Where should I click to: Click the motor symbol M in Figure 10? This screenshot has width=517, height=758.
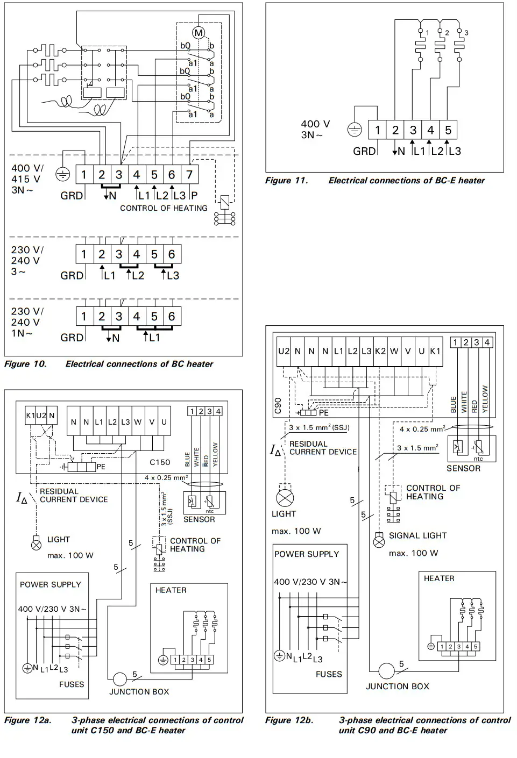coord(199,33)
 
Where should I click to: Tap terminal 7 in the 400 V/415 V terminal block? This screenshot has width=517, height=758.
coord(189,175)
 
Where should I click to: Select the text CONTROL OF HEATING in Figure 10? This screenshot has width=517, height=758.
coord(164,208)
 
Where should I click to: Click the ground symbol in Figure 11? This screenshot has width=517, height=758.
coord(355,130)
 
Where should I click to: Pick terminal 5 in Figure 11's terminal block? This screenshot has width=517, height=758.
coord(448,130)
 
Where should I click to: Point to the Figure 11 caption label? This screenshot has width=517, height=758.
coord(286,181)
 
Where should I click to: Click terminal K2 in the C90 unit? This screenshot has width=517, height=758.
coord(380,351)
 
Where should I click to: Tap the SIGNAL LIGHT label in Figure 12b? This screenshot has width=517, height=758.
coord(417,535)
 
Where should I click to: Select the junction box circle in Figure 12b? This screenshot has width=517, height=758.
coord(386,671)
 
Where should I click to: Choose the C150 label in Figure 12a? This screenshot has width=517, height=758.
coord(160,462)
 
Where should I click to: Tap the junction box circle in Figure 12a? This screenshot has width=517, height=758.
coord(119,679)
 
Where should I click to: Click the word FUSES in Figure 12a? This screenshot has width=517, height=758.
coord(72,684)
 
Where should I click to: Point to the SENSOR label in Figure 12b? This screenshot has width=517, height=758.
coord(463,468)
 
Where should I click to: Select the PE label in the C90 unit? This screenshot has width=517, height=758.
coord(323,413)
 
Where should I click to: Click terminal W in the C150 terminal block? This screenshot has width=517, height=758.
coord(138,422)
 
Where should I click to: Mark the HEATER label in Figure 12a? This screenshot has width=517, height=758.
coord(171,590)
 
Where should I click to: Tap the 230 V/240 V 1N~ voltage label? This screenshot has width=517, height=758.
coord(27,322)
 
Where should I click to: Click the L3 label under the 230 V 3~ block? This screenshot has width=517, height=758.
coord(173,276)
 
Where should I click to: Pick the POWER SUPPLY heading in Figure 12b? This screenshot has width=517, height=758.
coord(307,554)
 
